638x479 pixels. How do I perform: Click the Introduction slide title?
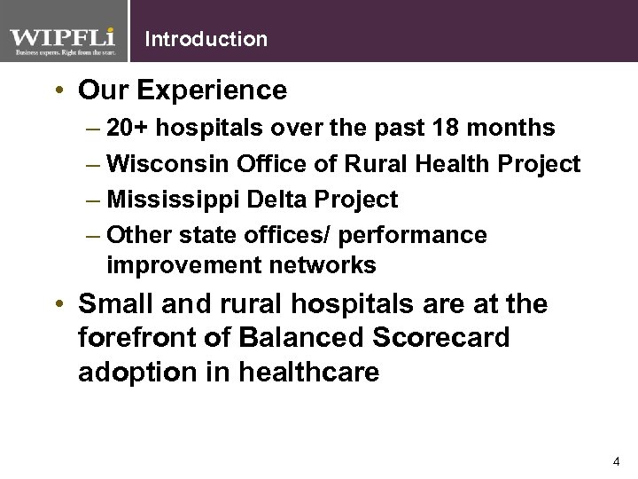205,39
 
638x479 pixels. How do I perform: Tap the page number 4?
616,462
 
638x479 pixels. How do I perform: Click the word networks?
323,265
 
